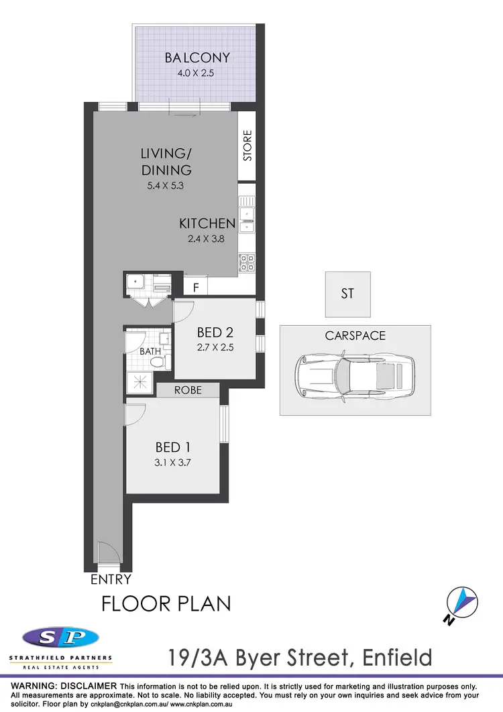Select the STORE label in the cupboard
pos(247,146)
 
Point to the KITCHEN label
pos(207,223)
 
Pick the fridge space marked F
pos(196,287)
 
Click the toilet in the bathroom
pos(158,362)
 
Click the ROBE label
pos(188,390)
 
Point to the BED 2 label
pos(215,333)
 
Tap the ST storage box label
pos(347,294)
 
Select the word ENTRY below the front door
pos(111,579)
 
